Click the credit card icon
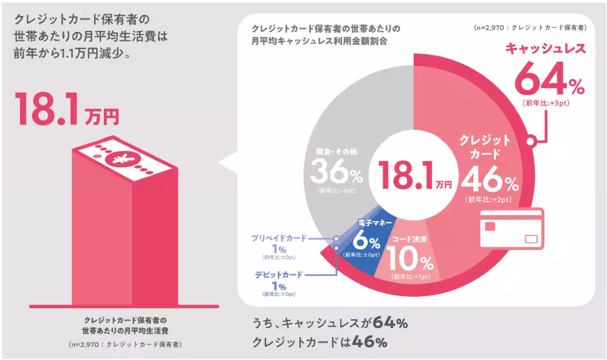pyautogui.click(x=511, y=229)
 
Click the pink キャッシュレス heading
pyautogui.click(x=546, y=49)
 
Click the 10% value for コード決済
pyautogui.click(x=410, y=261)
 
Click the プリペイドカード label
pyautogui.click(x=279, y=238)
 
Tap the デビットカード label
pyautogui.click(x=279, y=275)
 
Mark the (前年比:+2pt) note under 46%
pyautogui.click(x=489, y=199)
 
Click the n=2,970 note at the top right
pyautogui.click(x=530, y=28)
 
